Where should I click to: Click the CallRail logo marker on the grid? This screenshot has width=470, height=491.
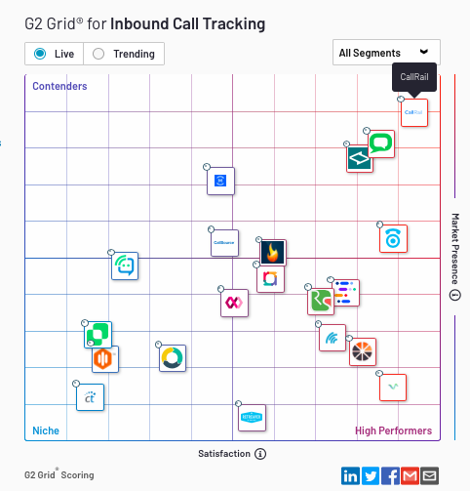[414, 113]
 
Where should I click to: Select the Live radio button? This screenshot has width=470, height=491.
[40, 54]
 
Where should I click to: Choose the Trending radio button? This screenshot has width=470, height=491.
[98, 54]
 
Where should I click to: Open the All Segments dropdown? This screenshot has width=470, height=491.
[386, 53]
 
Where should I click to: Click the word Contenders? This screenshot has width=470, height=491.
[59, 87]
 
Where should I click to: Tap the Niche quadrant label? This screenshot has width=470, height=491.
[46, 430]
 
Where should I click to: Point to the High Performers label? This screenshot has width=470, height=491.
[393, 430]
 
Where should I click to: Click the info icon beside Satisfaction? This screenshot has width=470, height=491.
[260, 454]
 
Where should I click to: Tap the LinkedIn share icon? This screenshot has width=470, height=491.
[351, 475]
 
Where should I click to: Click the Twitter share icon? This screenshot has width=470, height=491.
[371, 475]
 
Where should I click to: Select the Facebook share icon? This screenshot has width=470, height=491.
[390, 475]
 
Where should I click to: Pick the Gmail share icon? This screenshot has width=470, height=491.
[410, 475]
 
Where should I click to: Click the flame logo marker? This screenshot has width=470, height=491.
[273, 253]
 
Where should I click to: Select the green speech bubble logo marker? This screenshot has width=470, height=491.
[381, 144]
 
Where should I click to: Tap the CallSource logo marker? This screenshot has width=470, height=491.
[224, 242]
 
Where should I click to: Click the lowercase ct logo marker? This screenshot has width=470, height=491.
[91, 397]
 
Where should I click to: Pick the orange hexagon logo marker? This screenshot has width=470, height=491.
[105, 360]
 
